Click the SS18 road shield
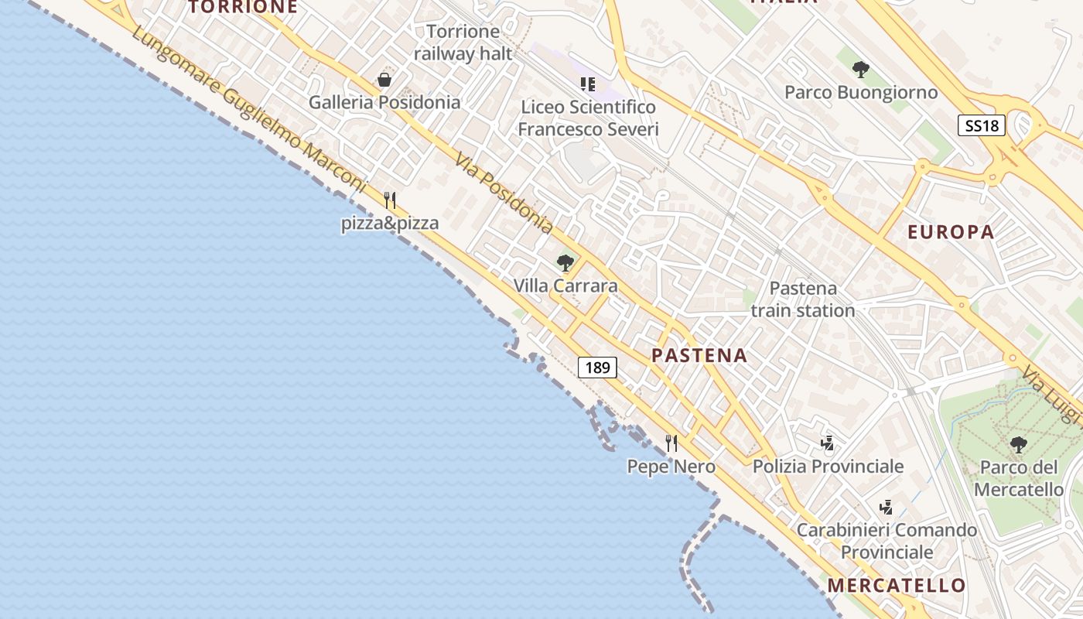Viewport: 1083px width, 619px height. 982,125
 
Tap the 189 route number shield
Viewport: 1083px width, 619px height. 597,367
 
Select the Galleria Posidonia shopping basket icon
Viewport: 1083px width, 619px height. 384,80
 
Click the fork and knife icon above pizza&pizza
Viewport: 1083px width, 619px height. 390,200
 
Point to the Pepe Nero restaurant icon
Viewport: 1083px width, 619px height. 671,443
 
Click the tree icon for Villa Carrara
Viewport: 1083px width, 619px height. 565,263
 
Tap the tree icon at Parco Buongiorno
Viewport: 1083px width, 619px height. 860,70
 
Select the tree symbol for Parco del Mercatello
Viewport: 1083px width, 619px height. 1019,445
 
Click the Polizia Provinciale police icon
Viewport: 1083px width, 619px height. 828,443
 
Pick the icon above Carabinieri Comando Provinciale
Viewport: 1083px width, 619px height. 887,508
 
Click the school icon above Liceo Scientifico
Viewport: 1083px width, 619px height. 588,84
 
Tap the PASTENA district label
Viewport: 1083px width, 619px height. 699,356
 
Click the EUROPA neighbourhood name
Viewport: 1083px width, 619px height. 951,232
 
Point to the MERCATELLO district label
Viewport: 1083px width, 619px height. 897,585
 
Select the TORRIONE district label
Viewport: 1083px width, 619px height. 243,8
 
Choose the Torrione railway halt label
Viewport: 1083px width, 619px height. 463,43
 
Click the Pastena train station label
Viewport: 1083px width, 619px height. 803,299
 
